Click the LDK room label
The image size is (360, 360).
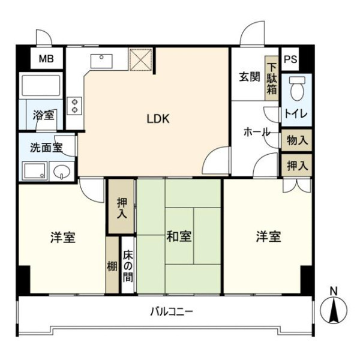(x=158, y=119)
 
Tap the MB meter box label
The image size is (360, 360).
(x=46, y=59)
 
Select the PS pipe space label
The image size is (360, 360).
(x=290, y=59)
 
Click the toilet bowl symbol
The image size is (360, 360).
(x=297, y=88)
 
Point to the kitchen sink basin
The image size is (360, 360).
(x=101, y=61)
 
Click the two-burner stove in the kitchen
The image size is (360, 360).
(x=74, y=106)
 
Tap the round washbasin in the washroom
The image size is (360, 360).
(x=62, y=172)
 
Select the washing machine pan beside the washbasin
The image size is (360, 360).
(x=34, y=171)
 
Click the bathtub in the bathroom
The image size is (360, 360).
(x=41, y=85)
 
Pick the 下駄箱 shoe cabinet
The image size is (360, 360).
(x=272, y=78)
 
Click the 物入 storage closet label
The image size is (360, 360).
(x=297, y=140)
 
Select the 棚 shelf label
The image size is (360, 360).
(x=112, y=266)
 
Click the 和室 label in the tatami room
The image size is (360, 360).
(x=179, y=236)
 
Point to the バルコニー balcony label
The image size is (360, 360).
(x=172, y=312)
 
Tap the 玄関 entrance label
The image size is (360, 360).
(x=250, y=77)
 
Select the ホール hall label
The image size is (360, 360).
(x=257, y=133)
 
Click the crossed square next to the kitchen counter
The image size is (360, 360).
(x=141, y=59)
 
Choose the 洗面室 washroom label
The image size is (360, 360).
(x=46, y=148)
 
